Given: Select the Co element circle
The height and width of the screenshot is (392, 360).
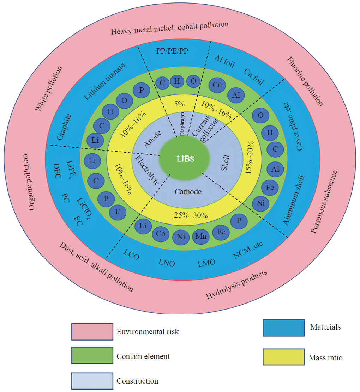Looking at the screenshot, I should pos(161,233).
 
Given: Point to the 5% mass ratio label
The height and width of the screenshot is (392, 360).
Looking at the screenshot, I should pos(179,104).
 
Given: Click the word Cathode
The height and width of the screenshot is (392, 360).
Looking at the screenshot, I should pos(188,191).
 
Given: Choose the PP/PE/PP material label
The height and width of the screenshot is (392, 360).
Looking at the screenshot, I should pos(172,51).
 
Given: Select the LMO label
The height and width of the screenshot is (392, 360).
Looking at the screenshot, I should pos(206,263).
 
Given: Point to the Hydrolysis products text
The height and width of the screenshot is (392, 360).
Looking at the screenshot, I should pos(236,284).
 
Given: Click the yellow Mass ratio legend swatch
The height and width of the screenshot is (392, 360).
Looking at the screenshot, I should pos(283,357).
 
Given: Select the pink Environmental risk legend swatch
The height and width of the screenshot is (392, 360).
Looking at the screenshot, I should pos(92,332).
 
